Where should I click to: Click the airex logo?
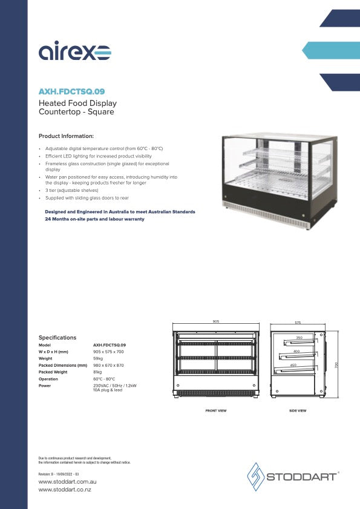tap(74, 53)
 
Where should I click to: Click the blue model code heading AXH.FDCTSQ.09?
tap(71, 91)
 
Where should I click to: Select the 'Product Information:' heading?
tap(66, 136)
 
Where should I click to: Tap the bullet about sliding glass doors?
tap(87, 198)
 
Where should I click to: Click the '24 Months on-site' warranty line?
tap(94, 219)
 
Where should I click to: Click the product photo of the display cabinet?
tap(277, 181)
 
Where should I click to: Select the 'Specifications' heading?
tap(57, 338)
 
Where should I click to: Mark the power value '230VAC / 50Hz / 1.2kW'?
tap(115, 386)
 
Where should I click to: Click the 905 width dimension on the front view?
tap(215, 321)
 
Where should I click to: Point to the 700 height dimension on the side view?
tap(336, 364)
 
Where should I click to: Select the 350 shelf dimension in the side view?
tap(298, 338)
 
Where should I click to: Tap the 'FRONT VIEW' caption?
tap(216, 411)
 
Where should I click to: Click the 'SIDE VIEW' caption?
tap(298, 411)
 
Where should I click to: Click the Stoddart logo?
tap(293, 476)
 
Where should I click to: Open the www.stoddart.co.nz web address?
tap(65, 488)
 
